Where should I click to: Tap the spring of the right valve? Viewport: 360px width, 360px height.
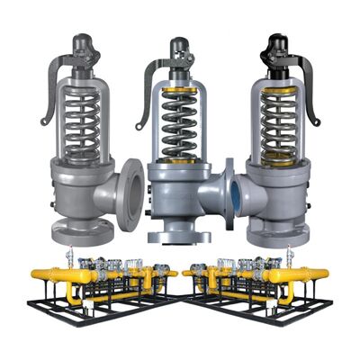click(280, 118)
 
